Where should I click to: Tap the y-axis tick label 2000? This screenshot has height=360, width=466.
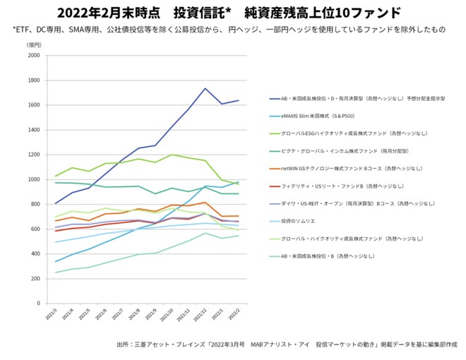[x=34, y=55]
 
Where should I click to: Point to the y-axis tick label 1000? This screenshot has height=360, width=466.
[x=34, y=179]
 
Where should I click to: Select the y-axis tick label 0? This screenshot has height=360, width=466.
[x=40, y=304]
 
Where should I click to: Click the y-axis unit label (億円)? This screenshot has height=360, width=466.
[x=34, y=44]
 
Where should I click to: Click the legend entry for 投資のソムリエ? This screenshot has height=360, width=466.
[x=297, y=220]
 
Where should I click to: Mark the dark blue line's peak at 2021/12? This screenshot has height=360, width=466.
[x=205, y=88]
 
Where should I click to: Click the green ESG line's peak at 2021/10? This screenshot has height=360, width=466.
[x=171, y=155]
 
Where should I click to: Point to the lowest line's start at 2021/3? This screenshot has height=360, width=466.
[x=56, y=272]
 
